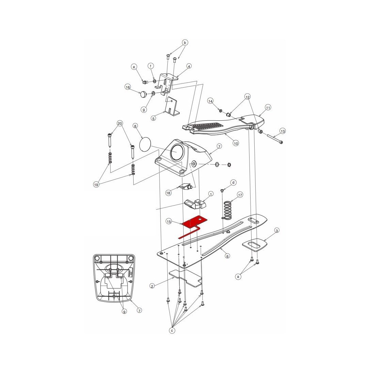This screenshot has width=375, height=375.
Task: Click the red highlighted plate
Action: click(191, 224)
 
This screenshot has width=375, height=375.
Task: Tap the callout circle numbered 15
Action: click(169, 222)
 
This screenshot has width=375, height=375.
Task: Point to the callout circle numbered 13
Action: click(283, 131)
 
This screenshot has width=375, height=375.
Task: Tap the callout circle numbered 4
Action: click(189, 66)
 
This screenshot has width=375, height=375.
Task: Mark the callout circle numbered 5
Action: click(153, 118)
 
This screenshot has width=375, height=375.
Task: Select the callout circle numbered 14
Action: click(210, 101)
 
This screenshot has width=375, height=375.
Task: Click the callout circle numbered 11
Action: click(268, 108)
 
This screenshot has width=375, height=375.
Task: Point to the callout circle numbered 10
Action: click(236, 143)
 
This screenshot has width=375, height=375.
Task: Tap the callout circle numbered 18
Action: click(168, 193)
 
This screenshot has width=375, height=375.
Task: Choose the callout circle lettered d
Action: click(234, 182)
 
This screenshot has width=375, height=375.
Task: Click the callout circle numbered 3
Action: click(277, 230)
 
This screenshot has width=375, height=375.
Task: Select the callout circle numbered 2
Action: click(152, 286)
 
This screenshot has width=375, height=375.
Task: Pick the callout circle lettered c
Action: click(172, 331)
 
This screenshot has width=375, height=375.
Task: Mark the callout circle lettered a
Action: click(238, 277)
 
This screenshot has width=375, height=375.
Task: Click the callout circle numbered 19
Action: click(96, 185)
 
